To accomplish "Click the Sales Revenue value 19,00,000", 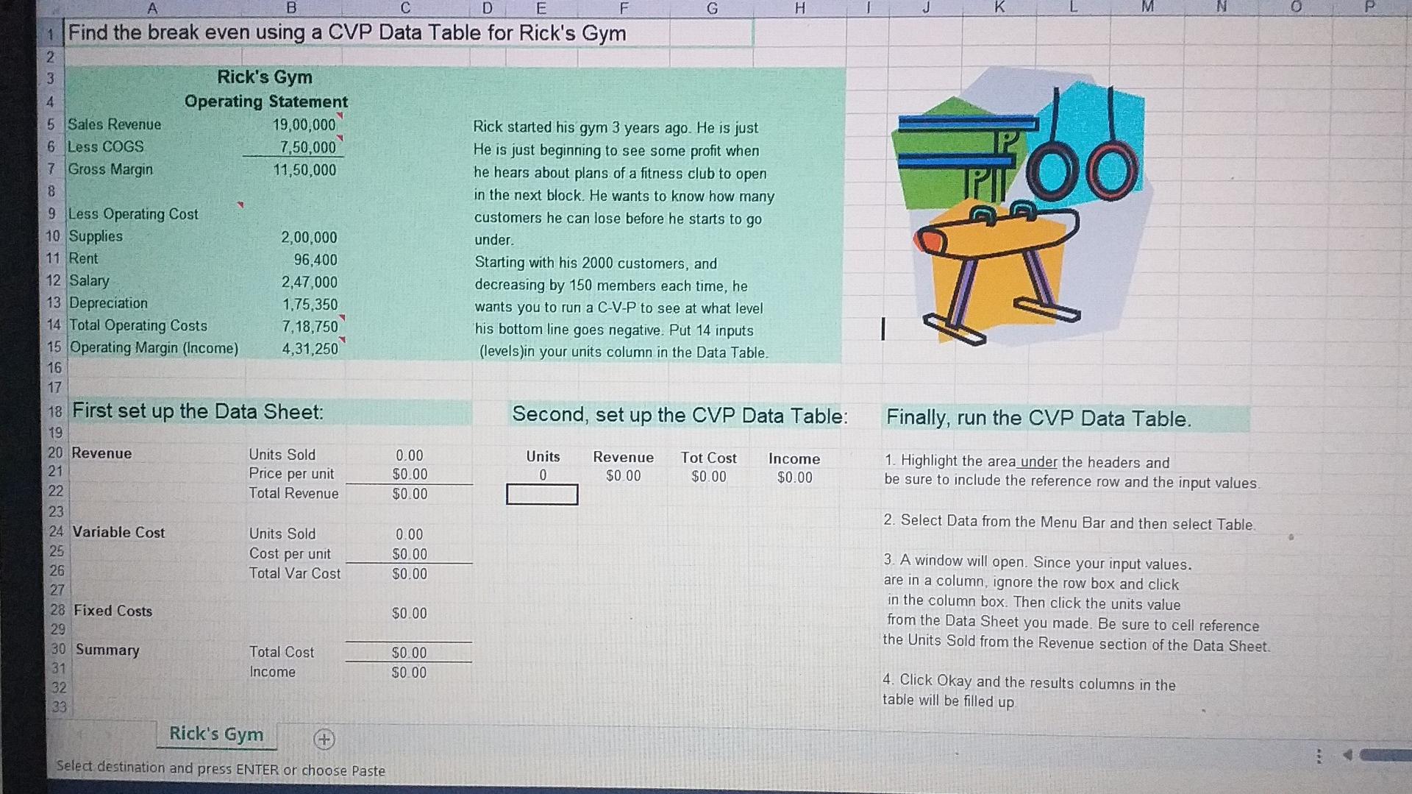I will pos(304,125).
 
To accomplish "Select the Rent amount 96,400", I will pos(315,260).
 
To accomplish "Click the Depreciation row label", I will pos(108,303).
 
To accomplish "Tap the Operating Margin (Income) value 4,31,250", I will pos(310,349).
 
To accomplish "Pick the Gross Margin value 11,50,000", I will pos(304,170).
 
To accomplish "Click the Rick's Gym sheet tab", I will pos(216,734).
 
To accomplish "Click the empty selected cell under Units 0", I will pos(542,495).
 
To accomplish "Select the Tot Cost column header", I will pos(708,458).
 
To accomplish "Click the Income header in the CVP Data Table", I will pos(794,458).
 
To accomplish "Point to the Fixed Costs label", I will pos(113,611).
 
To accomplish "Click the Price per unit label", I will pos(291,474).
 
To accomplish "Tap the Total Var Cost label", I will pos(295,573).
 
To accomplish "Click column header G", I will pos(711,8).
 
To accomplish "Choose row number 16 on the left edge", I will pos(55,367).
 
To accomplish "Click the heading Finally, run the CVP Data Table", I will pos(1038,419).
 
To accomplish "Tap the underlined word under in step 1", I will pos(1038,462).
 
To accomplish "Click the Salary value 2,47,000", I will pos(309,282).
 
